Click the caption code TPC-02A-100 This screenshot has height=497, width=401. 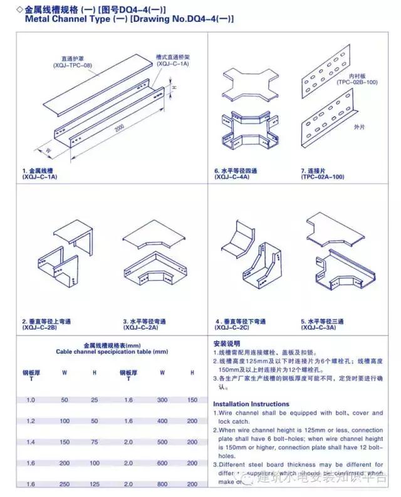(322, 177)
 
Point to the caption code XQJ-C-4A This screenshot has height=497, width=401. (232, 177)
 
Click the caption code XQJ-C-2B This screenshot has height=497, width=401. (39, 327)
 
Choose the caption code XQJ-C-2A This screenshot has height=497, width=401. (140, 327)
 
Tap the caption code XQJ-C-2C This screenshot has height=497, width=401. (232, 327)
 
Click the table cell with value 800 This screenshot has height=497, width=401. (162, 484)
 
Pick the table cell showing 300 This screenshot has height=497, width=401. (162, 399)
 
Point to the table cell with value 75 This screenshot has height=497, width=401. (95, 442)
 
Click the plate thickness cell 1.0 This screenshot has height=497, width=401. (31, 399)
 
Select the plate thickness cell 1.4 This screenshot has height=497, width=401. (31, 442)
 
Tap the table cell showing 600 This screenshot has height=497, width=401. (162, 463)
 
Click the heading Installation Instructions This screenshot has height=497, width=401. (251, 404)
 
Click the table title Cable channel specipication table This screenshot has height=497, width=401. (108, 352)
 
